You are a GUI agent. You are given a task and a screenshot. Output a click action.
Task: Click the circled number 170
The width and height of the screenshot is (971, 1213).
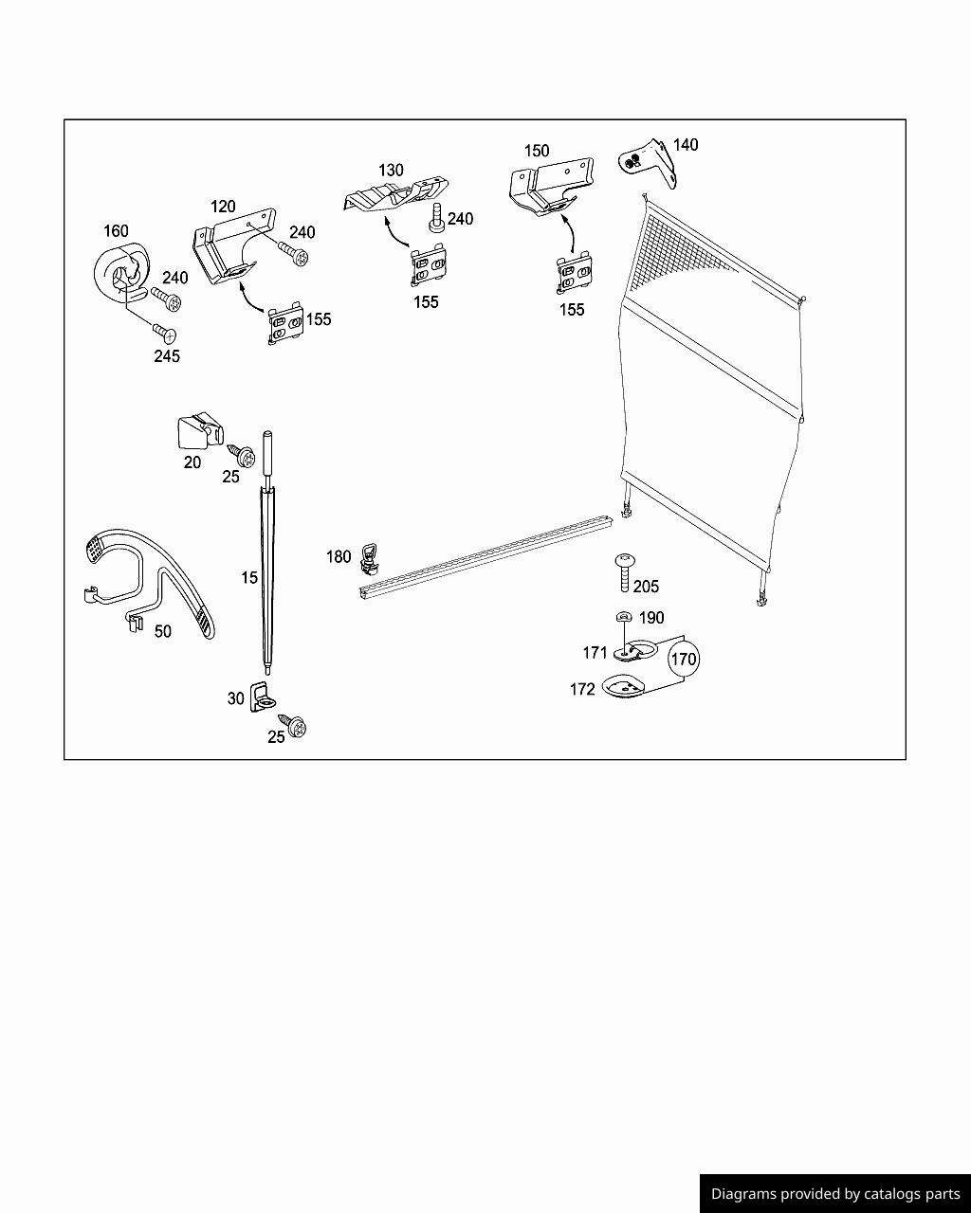684,659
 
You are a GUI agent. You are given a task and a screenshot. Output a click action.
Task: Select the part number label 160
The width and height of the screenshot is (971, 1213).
116,231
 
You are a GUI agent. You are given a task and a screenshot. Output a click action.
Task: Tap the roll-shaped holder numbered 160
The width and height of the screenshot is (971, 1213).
120,272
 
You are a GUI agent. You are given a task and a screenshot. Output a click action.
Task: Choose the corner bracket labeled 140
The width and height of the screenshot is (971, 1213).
649,162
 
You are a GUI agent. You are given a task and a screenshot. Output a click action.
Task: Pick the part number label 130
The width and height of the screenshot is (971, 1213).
391,171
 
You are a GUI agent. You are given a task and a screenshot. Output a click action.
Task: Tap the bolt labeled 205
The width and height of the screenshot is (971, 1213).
625,572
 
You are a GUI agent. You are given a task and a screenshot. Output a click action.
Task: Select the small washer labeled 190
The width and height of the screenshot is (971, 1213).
624,617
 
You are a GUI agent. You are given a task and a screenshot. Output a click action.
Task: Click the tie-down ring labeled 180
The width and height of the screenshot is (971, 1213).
369,558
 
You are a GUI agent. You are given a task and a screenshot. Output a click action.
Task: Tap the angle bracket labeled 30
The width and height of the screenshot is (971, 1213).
261,697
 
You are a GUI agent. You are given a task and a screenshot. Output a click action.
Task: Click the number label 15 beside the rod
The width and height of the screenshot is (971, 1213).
249,578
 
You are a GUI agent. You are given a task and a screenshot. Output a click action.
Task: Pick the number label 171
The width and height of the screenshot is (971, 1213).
595,653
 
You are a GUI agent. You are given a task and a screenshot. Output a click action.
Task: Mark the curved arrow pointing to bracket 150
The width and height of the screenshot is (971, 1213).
569,236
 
